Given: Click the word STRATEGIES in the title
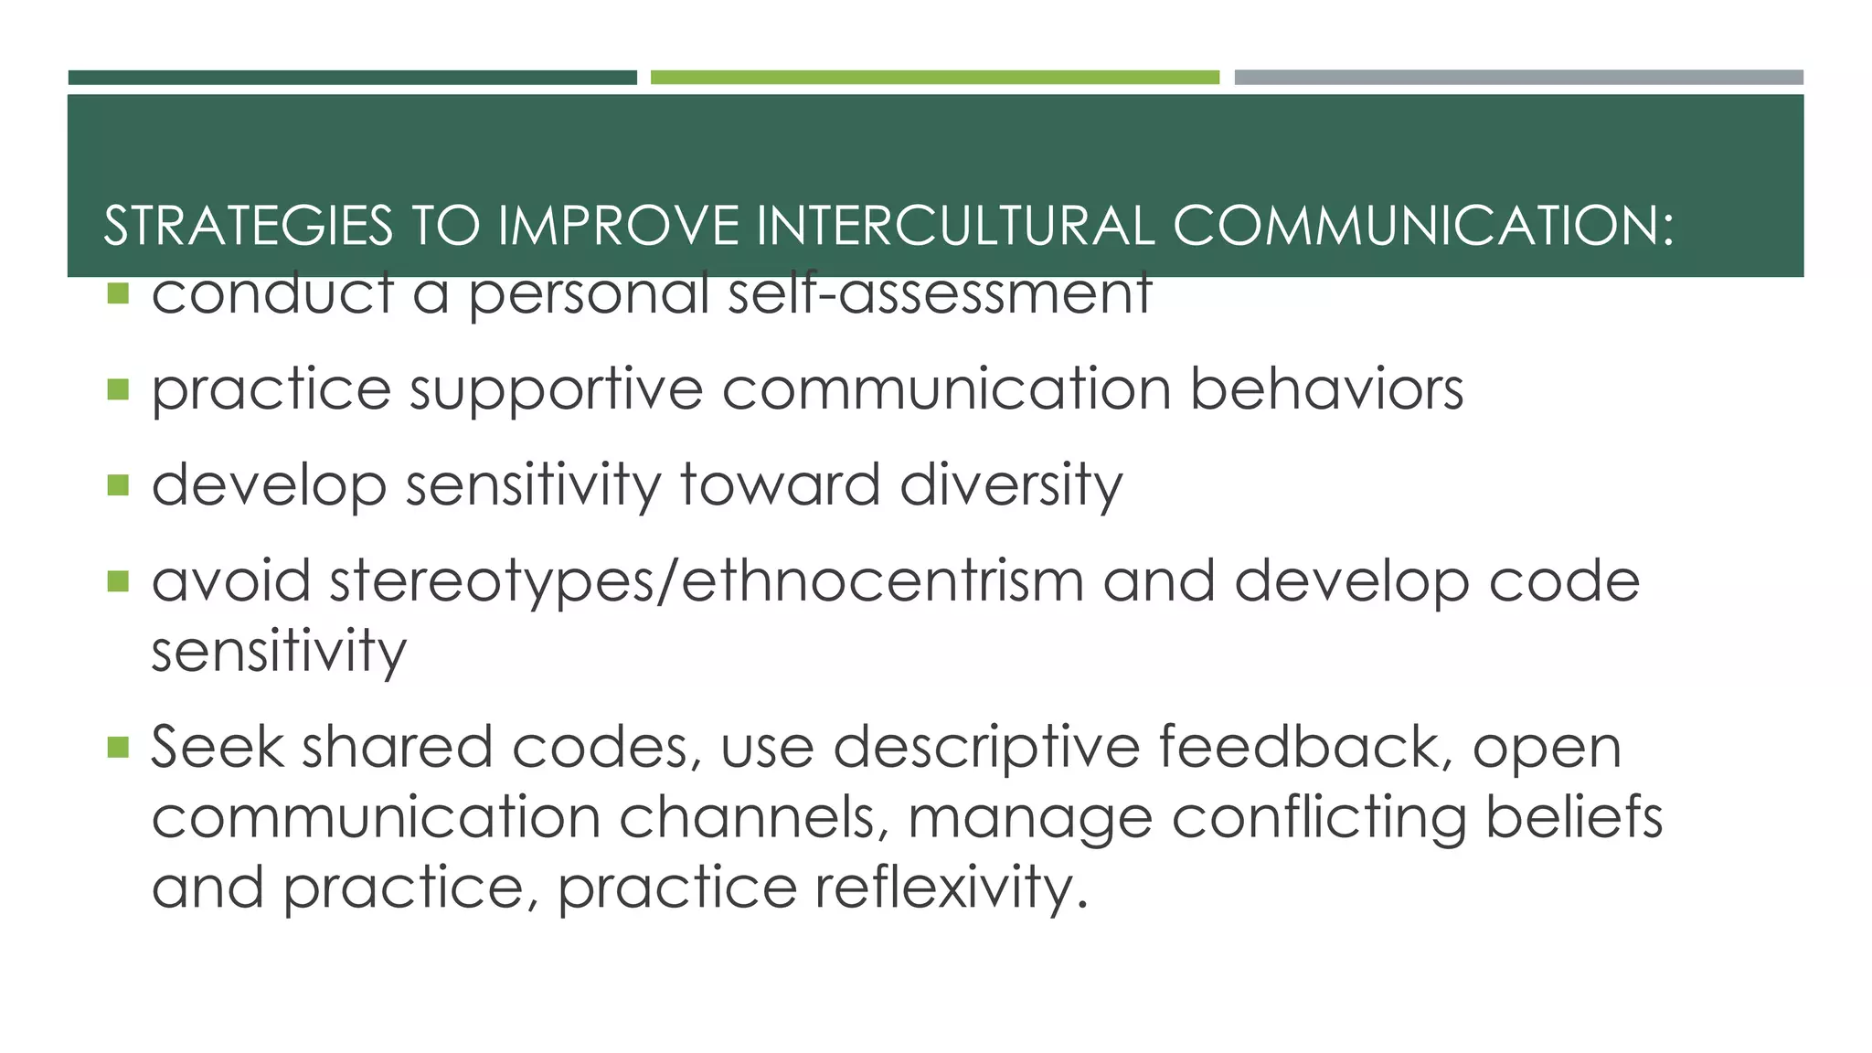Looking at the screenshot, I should [x=248, y=226].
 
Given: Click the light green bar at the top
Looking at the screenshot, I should [x=934, y=78].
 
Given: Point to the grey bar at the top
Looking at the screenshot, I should [x=1518, y=78].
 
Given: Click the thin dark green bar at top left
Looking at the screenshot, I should [x=352, y=78].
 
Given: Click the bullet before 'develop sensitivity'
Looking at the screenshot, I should [x=118, y=484].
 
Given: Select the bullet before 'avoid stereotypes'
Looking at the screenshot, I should [x=118, y=581].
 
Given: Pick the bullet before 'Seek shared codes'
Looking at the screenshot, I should [x=118, y=748].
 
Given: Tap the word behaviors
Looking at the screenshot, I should [x=1326, y=388].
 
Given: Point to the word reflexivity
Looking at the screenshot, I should [x=951, y=887].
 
